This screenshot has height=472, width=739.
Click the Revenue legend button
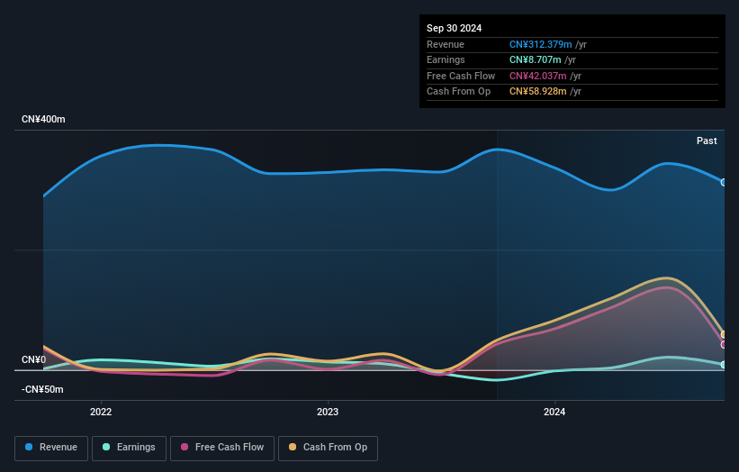[51, 448]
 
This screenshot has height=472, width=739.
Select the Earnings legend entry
[129, 448]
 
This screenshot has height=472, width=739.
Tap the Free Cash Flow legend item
[221, 448]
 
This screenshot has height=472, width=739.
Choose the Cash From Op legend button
[328, 448]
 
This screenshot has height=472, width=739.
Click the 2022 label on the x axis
[101, 413]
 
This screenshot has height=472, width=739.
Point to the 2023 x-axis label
[328, 413]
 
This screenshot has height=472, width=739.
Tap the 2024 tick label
[554, 413]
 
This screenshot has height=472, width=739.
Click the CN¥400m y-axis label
[43, 119]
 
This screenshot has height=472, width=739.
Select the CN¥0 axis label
[34, 359]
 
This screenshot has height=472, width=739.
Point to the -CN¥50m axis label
[43, 389]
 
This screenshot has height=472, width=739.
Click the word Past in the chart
[707, 141]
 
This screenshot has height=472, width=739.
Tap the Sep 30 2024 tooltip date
[454, 28]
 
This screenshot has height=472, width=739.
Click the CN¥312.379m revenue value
[540, 44]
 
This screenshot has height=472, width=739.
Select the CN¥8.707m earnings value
[535, 60]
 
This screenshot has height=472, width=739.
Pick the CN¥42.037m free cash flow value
[537, 76]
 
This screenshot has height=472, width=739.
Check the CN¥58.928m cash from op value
[537, 91]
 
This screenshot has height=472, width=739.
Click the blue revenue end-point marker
[724, 182]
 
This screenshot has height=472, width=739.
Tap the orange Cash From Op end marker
[724, 334]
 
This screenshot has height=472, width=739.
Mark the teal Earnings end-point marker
[724, 365]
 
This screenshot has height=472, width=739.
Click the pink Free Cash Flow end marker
[724, 344]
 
